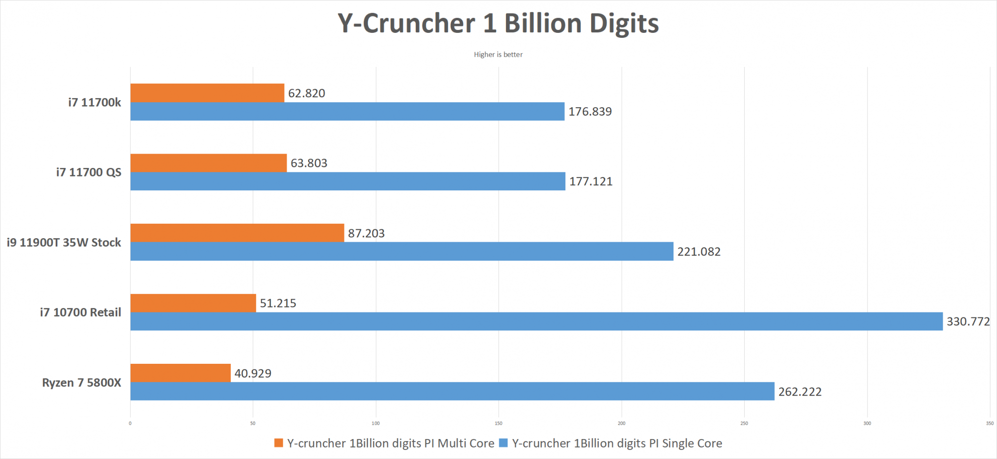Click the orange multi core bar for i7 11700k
[x=207, y=93]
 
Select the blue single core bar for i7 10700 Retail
[x=536, y=321]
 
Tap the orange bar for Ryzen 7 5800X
[x=180, y=373]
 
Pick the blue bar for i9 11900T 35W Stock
[x=402, y=252]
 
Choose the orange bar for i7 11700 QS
[x=208, y=163]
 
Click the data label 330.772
[x=968, y=321]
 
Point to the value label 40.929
[x=253, y=373]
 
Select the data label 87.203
[x=366, y=233]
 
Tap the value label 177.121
[x=591, y=181]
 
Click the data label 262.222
[x=800, y=392]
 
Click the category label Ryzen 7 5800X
[x=82, y=383]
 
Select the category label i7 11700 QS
[x=89, y=172]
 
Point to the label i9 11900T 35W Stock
[x=64, y=243]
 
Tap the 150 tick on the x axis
[x=498, y=424]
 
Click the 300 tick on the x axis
[x=867, y=424]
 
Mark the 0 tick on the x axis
[x=130, y=424]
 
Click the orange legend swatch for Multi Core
[x=279, y=443]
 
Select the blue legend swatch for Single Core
[x=503, y=443]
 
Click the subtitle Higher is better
[x=498, y=54]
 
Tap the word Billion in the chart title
[x=543, y=23]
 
